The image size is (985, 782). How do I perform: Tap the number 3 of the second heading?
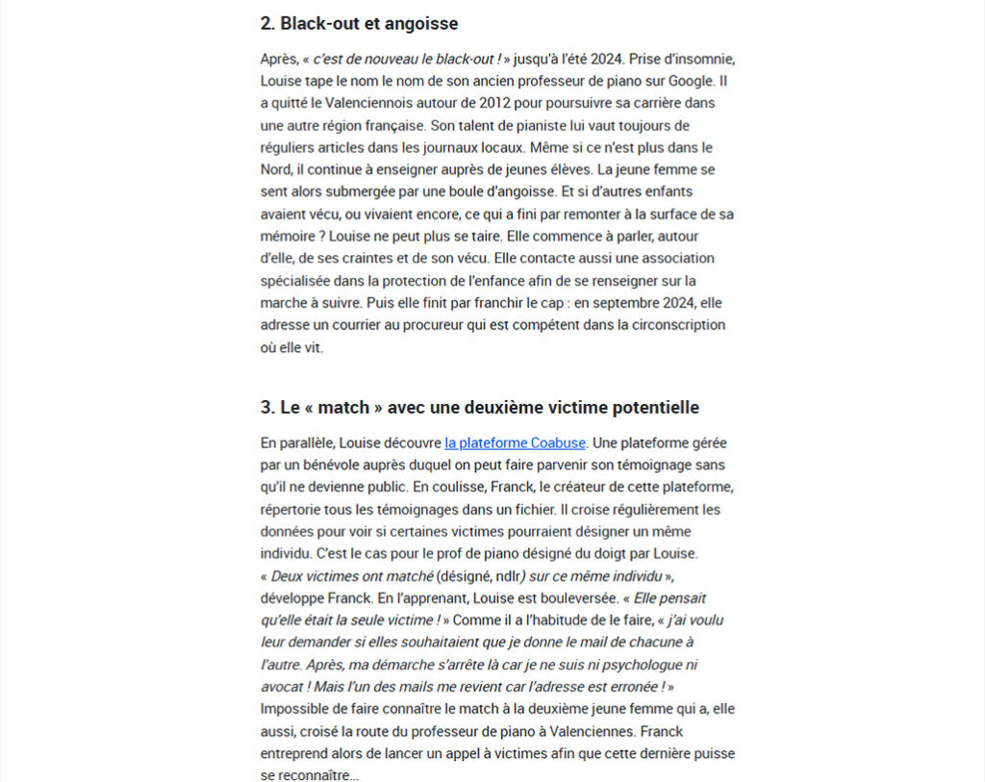[x=266, y=407]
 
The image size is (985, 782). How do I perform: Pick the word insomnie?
[x=688, y=59]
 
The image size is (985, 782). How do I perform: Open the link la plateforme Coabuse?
[x=515, y=443]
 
